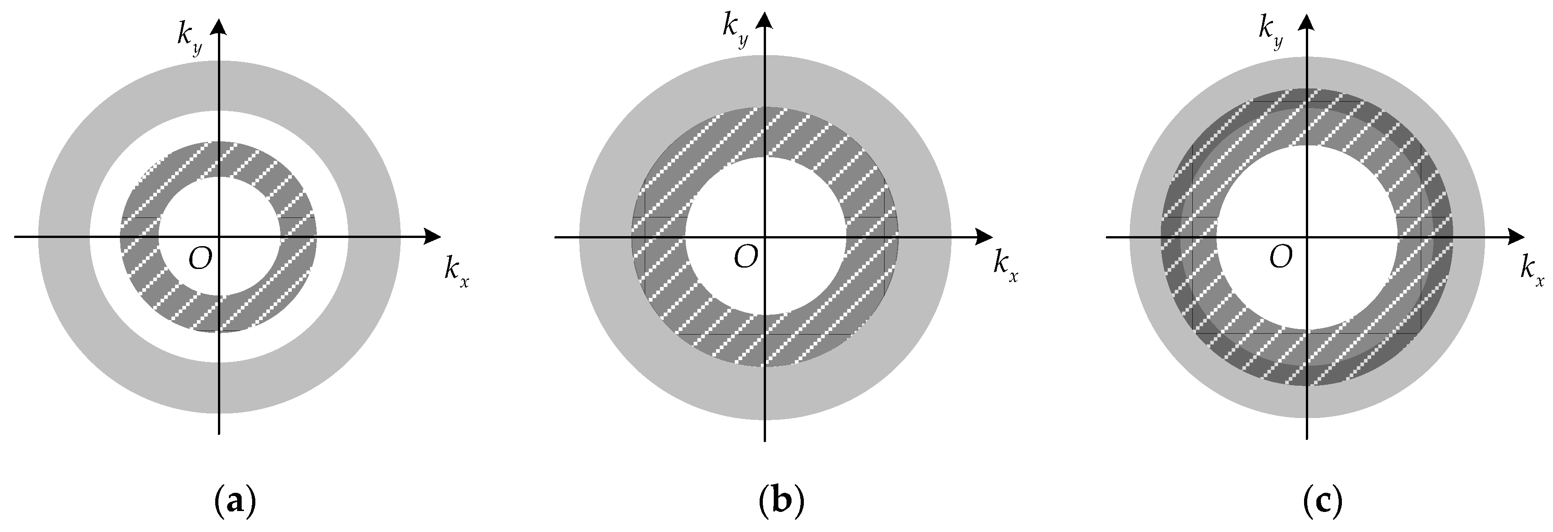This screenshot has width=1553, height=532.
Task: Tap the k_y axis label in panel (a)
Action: (x=189, y=37)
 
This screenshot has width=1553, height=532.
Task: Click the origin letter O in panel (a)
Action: (x=200, y=258)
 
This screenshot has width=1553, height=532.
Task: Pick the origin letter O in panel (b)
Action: (x=746, y=257)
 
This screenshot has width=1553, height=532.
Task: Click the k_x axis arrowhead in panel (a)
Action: (x=433, y=237)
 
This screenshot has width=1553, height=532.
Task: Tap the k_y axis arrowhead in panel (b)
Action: (x=765, y=22)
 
